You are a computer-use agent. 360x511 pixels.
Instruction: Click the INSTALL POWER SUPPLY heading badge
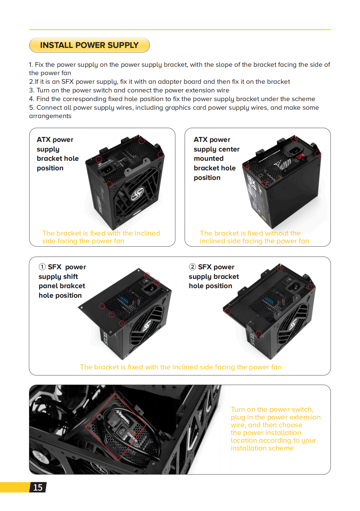pos(89,45)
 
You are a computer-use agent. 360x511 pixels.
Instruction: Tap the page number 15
pos(38,488)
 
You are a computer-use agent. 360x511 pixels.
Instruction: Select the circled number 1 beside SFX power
pos(42,267)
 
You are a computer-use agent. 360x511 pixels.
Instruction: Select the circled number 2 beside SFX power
pos(192,267)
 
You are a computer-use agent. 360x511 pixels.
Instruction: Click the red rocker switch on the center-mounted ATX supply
pos(301,156)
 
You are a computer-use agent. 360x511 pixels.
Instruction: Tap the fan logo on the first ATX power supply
pos(137,194)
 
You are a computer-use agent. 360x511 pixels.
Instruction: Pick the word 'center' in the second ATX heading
pos(228,149)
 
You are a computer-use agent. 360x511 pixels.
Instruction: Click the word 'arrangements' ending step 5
pos(50,116)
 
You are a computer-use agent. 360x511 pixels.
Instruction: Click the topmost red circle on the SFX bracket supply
pos(281,268)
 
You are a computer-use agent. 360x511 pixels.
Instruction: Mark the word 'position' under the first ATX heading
pos(50,168)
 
